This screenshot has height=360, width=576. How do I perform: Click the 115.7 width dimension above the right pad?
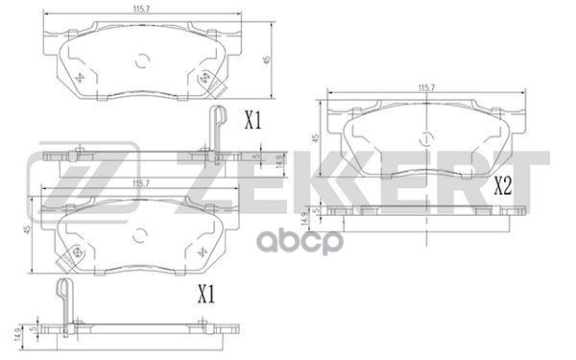click(x=426, y=87)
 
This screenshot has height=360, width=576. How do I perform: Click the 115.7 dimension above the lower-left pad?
click(x=141, y=184)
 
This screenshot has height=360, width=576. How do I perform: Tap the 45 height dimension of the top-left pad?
click(x=268, y=60)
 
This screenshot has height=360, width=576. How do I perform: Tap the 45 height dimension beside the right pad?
click(x=315, y=138)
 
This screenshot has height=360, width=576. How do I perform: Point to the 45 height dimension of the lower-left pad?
click(x=27, y=230)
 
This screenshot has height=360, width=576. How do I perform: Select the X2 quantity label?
click(x=503, y=186)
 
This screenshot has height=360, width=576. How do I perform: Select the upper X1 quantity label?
click(x=253, y=121)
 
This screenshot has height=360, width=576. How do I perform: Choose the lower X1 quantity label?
click(x=206, y=294)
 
